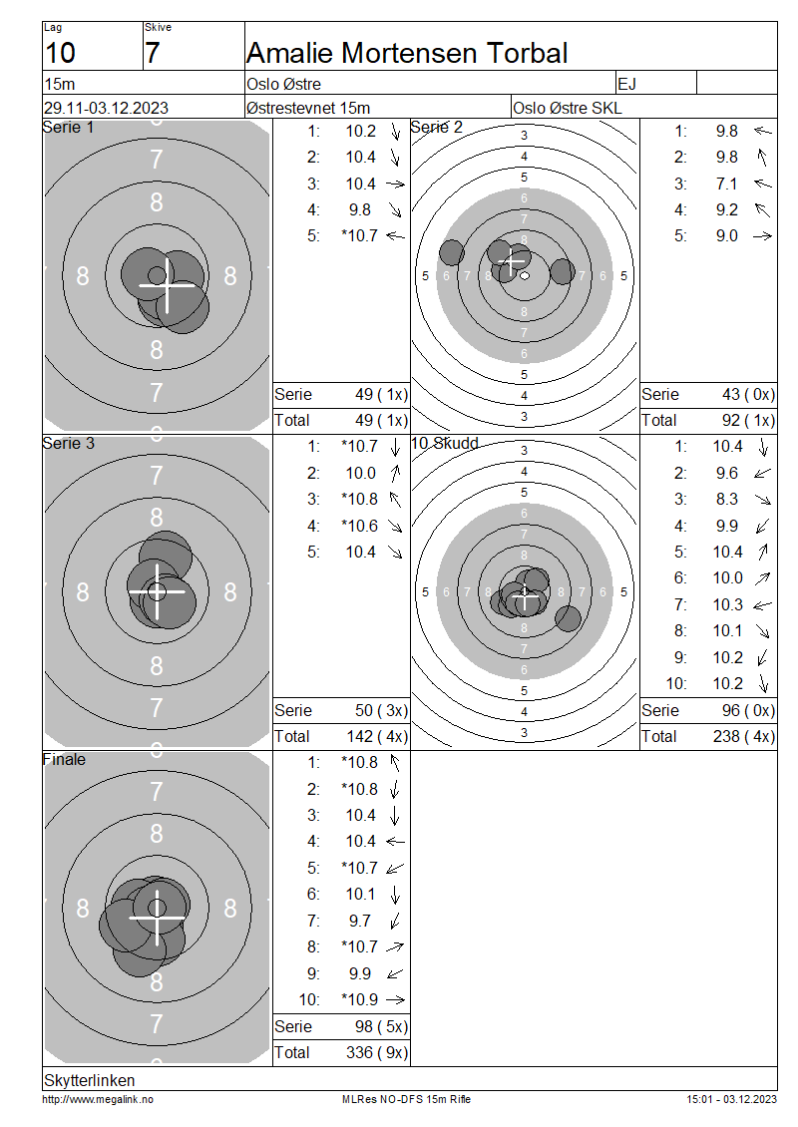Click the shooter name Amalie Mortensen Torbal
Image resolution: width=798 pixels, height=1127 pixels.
coord(407,53)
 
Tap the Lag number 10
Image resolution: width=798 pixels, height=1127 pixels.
coord(61,53)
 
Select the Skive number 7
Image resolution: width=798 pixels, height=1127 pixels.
coord(152,53)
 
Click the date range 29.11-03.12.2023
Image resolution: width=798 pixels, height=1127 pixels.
coord(107,108)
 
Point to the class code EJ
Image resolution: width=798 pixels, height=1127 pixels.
coord(626,84)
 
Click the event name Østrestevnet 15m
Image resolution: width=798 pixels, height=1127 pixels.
coord(307,108)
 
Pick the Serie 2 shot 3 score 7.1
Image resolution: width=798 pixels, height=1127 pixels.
coord(727,184)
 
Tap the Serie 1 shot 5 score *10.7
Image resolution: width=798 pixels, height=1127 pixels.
coord(359,235)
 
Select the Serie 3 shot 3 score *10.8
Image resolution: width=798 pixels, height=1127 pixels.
coord(359,499)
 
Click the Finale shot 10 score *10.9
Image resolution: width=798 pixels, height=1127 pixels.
coord(359,999)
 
